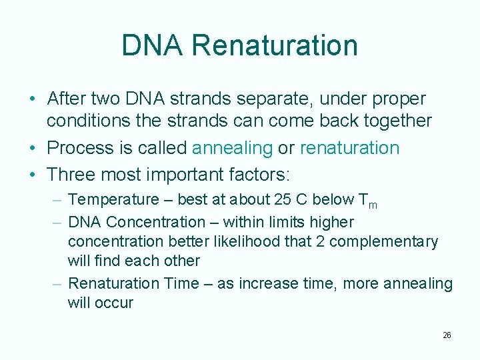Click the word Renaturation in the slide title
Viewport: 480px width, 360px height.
point(275,45)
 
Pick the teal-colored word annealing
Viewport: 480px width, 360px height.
point(233,148)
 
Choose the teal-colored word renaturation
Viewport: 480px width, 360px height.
point(349,147)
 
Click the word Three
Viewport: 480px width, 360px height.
point(72,175)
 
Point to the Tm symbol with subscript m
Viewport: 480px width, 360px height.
point(367,201)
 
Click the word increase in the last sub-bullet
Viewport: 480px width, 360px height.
point(270,283)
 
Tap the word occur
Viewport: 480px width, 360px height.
point(115,303)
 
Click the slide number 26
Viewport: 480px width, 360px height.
point(447,335)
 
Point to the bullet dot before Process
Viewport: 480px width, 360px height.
point(33,148)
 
